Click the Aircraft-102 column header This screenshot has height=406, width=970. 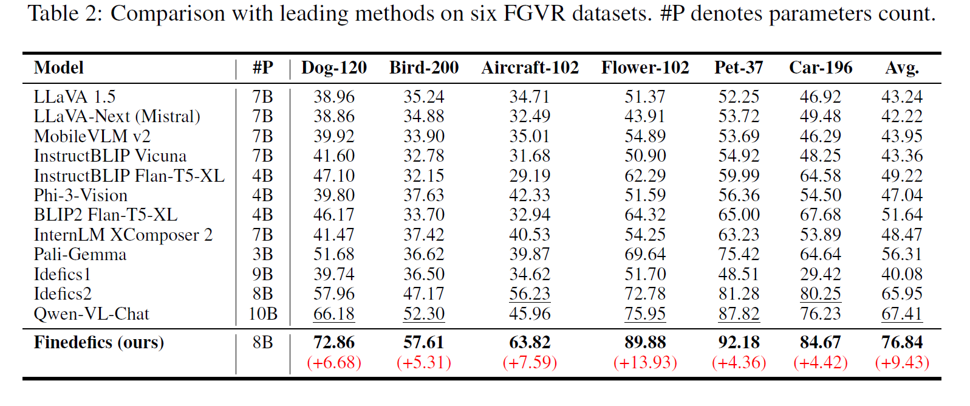click(x=530, y=67)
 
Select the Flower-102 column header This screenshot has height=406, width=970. click(x=645, y=67)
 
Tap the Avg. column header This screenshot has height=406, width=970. click(x=902, y=67)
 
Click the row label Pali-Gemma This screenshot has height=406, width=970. click(x=80, y=254)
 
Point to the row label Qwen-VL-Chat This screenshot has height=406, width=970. click(x=91, y=314)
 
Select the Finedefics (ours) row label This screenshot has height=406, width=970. click(x=99, y=342)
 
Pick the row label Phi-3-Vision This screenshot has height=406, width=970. click(x=81, y=195)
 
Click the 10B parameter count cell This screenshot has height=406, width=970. click(x=262, y=314)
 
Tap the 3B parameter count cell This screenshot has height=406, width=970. click(x=262, y=254)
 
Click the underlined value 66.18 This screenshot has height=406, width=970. click(x=334, y=314)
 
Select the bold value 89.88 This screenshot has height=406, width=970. click(x=645, y=342)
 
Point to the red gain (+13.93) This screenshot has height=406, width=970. click(x=645, y=362)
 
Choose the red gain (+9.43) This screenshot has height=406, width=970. click(x=902, y=362)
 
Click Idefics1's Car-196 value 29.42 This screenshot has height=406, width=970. click(x=820, y=274)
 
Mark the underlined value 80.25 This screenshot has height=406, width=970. click(x=820, y=294)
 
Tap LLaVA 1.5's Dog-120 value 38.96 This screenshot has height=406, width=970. click(x=334, y=97)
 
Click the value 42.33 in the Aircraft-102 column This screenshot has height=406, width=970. click(x=530, y=195)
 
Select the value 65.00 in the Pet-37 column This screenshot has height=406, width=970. click(x=739, y=215)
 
